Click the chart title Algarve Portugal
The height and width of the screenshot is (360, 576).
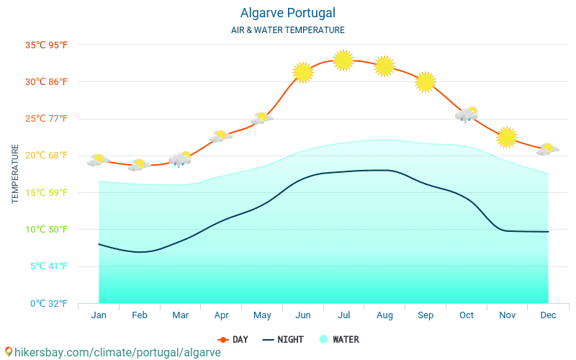point(287,13)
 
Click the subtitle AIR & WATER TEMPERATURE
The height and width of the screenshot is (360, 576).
point(287,30)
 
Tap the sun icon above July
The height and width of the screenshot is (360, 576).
point(343,60)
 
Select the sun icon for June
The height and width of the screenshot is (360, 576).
point(303,72)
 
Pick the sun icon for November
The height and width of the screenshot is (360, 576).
point(507,137)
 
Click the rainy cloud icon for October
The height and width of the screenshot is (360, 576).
point(467,114)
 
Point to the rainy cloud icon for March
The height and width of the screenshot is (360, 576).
point(180,159)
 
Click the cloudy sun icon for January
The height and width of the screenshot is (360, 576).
point(98,161)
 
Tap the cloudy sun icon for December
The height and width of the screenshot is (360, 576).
point(547,150)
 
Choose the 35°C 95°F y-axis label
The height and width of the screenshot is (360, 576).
point(47,45)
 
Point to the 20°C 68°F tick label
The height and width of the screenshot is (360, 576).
point(47,156)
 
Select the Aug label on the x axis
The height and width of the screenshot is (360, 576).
point(384,315)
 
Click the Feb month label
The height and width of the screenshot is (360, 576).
point(140,315)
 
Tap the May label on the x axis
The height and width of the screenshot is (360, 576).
point(262,315)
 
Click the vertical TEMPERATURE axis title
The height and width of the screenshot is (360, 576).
point(15,174)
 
